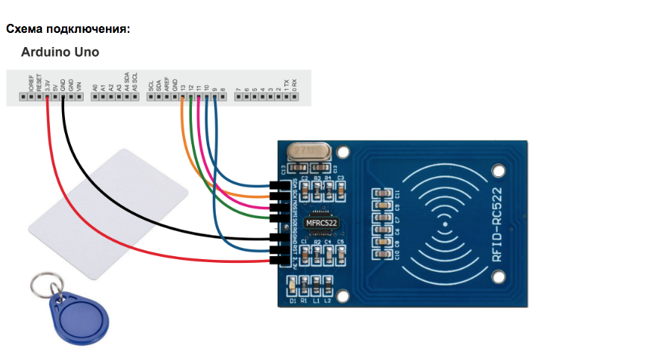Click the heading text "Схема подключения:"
(68, 29)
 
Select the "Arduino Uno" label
(60, 53)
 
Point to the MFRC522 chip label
(322, 223)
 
